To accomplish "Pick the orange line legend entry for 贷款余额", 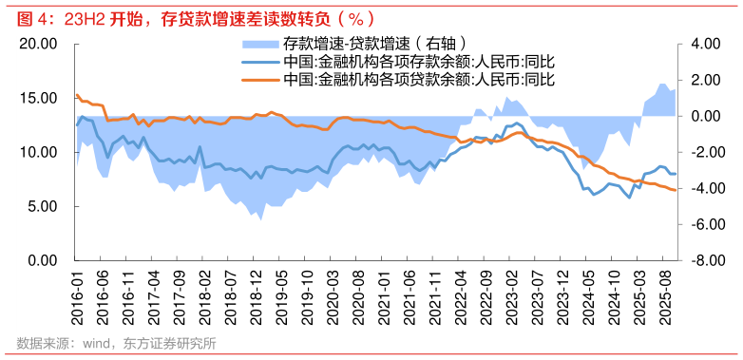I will [418, 80].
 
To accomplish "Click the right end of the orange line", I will [675, 190].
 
